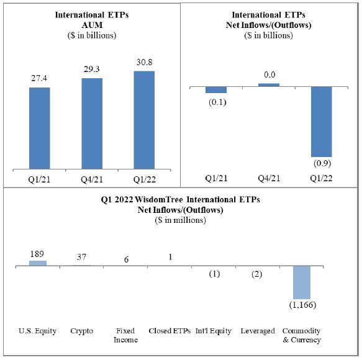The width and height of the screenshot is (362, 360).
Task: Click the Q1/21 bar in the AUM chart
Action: click(40, 128)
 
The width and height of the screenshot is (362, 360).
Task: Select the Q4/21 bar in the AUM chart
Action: click(92, 124)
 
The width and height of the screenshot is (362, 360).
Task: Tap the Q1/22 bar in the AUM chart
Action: click(144, 120)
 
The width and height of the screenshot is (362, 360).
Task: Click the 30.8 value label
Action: click(144, 62)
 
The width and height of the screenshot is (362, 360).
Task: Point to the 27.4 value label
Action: click(39, 78)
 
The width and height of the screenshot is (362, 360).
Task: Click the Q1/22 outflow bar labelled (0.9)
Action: click(322, 122)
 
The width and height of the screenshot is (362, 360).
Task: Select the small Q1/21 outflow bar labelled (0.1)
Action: click(216, 90)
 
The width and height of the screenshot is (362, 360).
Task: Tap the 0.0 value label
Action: click(269, 74)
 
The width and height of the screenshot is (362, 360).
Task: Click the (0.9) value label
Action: click(322, 163)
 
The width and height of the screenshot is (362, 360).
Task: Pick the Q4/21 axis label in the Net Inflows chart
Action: click(269, 178)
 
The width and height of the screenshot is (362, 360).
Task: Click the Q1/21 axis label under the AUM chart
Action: click(39, 179)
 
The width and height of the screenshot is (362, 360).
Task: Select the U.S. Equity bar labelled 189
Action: click(38, 263)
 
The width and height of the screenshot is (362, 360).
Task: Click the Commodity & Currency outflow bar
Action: click(302, 282)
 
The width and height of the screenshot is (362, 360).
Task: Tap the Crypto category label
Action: click(82, 331)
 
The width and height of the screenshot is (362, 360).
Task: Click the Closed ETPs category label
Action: click(170, 331)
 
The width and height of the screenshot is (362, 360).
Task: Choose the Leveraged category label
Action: click(258, 331)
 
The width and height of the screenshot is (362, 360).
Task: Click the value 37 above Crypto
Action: click(81, 257)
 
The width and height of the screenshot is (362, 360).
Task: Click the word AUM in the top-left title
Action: click(92, 25)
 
